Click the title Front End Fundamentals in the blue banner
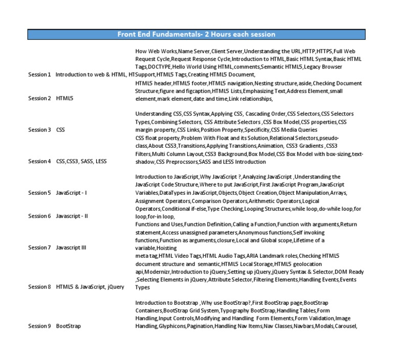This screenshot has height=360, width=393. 196,34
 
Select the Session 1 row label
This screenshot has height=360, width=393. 39,75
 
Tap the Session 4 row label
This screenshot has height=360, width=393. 39,162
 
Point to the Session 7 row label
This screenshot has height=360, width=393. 39,247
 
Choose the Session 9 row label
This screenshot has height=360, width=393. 39,326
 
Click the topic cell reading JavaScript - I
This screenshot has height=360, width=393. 72,193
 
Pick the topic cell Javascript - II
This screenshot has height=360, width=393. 72,216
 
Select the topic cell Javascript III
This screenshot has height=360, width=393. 71,247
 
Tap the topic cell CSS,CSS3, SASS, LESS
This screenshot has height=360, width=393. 81,162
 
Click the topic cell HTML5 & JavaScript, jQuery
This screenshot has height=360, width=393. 90,287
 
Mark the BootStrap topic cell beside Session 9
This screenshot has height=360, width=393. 69,326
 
